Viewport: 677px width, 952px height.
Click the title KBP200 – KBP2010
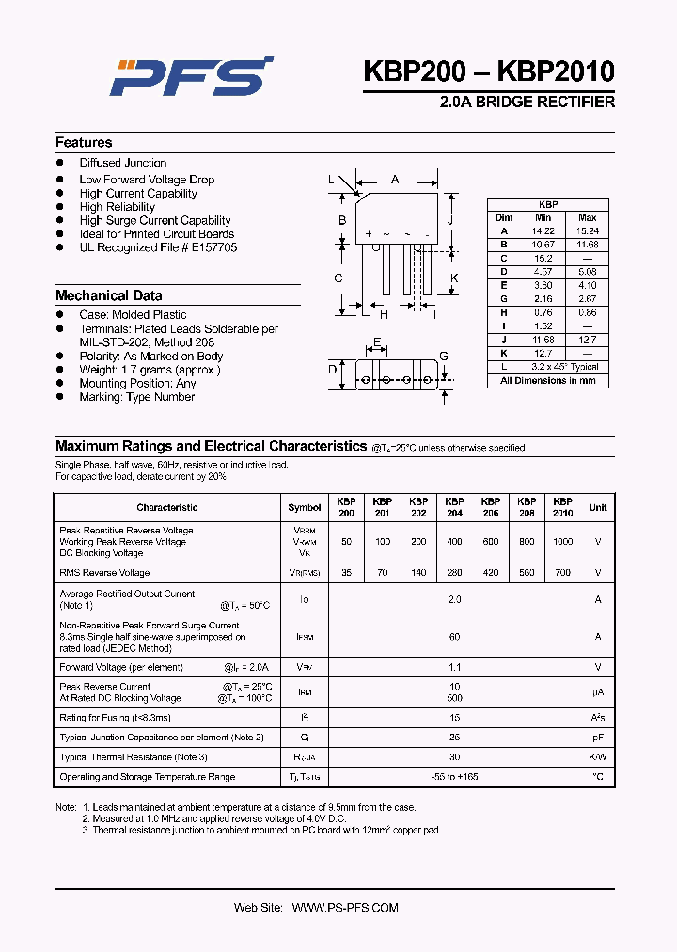[x=489, y=71]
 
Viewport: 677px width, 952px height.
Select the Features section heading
[x=84, y=143]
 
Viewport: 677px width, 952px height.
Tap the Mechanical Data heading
[x=108, y=295]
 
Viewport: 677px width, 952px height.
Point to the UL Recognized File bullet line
[x=158, y=247]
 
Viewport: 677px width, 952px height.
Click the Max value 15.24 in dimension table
[x=587, y=230]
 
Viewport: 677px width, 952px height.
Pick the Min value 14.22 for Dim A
[x=543, y=230]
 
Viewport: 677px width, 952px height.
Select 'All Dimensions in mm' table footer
[x=548, y=381]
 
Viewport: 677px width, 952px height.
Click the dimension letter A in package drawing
[x=395, y=179]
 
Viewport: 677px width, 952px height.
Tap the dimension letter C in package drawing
[x=338, y=278]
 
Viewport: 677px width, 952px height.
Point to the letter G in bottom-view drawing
[x=444, y=356]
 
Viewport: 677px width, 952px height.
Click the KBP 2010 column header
[x=562, y=507]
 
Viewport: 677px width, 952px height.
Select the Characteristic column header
[x=166, y=507]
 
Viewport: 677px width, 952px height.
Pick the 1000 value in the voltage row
[x=562, y=542]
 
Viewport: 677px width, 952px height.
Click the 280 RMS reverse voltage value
[x=454, y=572]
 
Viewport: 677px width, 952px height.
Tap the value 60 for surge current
[x=454, y=637]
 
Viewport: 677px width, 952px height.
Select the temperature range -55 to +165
[x=454, y=777]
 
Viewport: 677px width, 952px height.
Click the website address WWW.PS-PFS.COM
[x=345, y=908]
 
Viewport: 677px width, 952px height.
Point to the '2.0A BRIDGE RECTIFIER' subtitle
[x=527, y=102]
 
